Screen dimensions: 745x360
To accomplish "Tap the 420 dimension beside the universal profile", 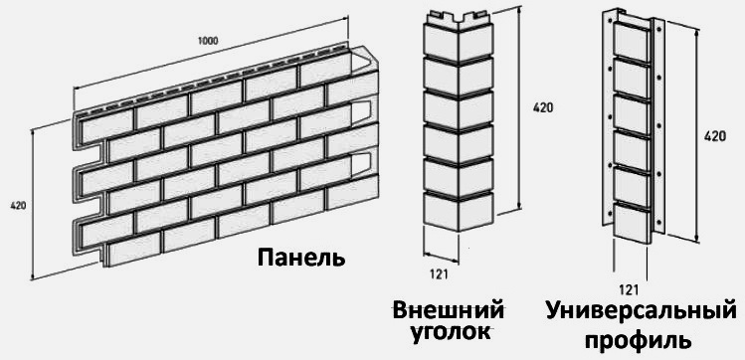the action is (714, 136).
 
